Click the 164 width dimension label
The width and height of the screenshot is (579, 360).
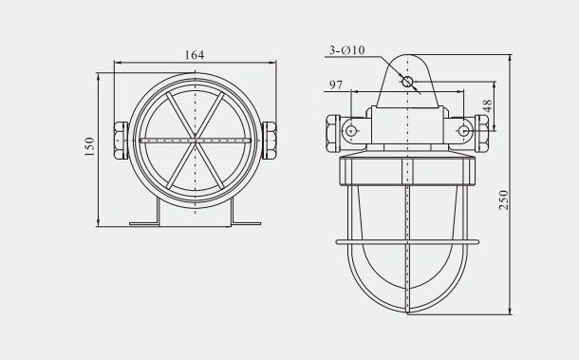point(195,55)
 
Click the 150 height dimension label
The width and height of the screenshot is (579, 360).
point(90,146)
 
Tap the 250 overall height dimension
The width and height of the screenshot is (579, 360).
point(503,200)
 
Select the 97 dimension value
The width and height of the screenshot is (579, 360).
point(336,85)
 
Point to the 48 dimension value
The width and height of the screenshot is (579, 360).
point(488,106)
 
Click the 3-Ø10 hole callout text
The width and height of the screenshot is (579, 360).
point(346,50)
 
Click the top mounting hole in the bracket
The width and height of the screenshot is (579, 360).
point(407,82)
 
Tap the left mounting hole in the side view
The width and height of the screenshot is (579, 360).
point(351,130)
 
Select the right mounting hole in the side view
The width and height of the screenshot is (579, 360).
point(464,130)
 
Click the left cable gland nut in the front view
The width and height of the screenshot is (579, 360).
point(121,141)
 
